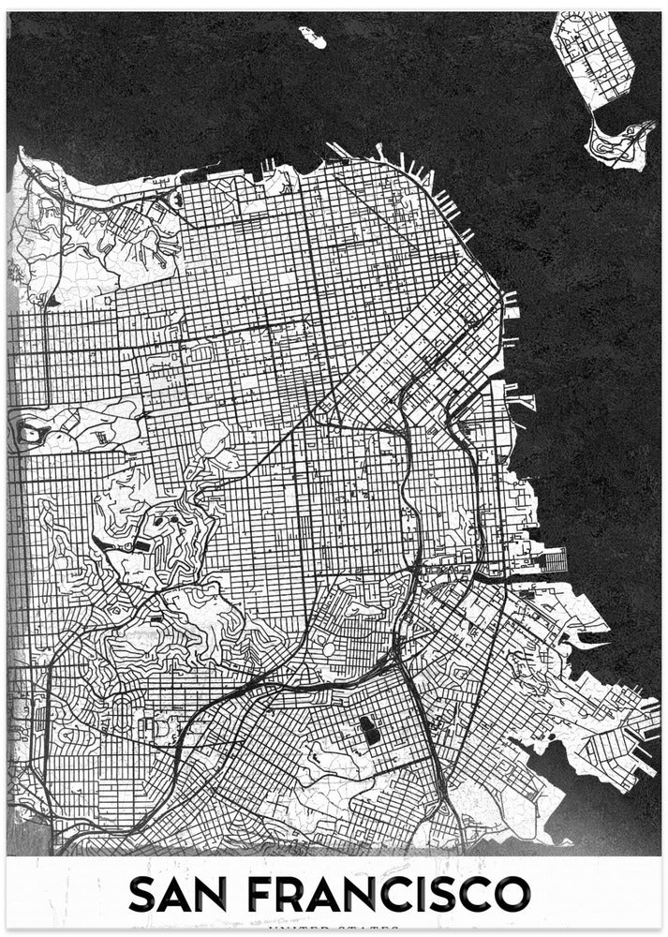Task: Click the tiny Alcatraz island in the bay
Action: coord(313,37)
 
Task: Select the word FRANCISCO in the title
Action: coord(393,894)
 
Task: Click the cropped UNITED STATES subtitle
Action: coord(334,930)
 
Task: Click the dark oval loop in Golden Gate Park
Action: coord(33,433)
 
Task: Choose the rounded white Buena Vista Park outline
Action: coord(215,439)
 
